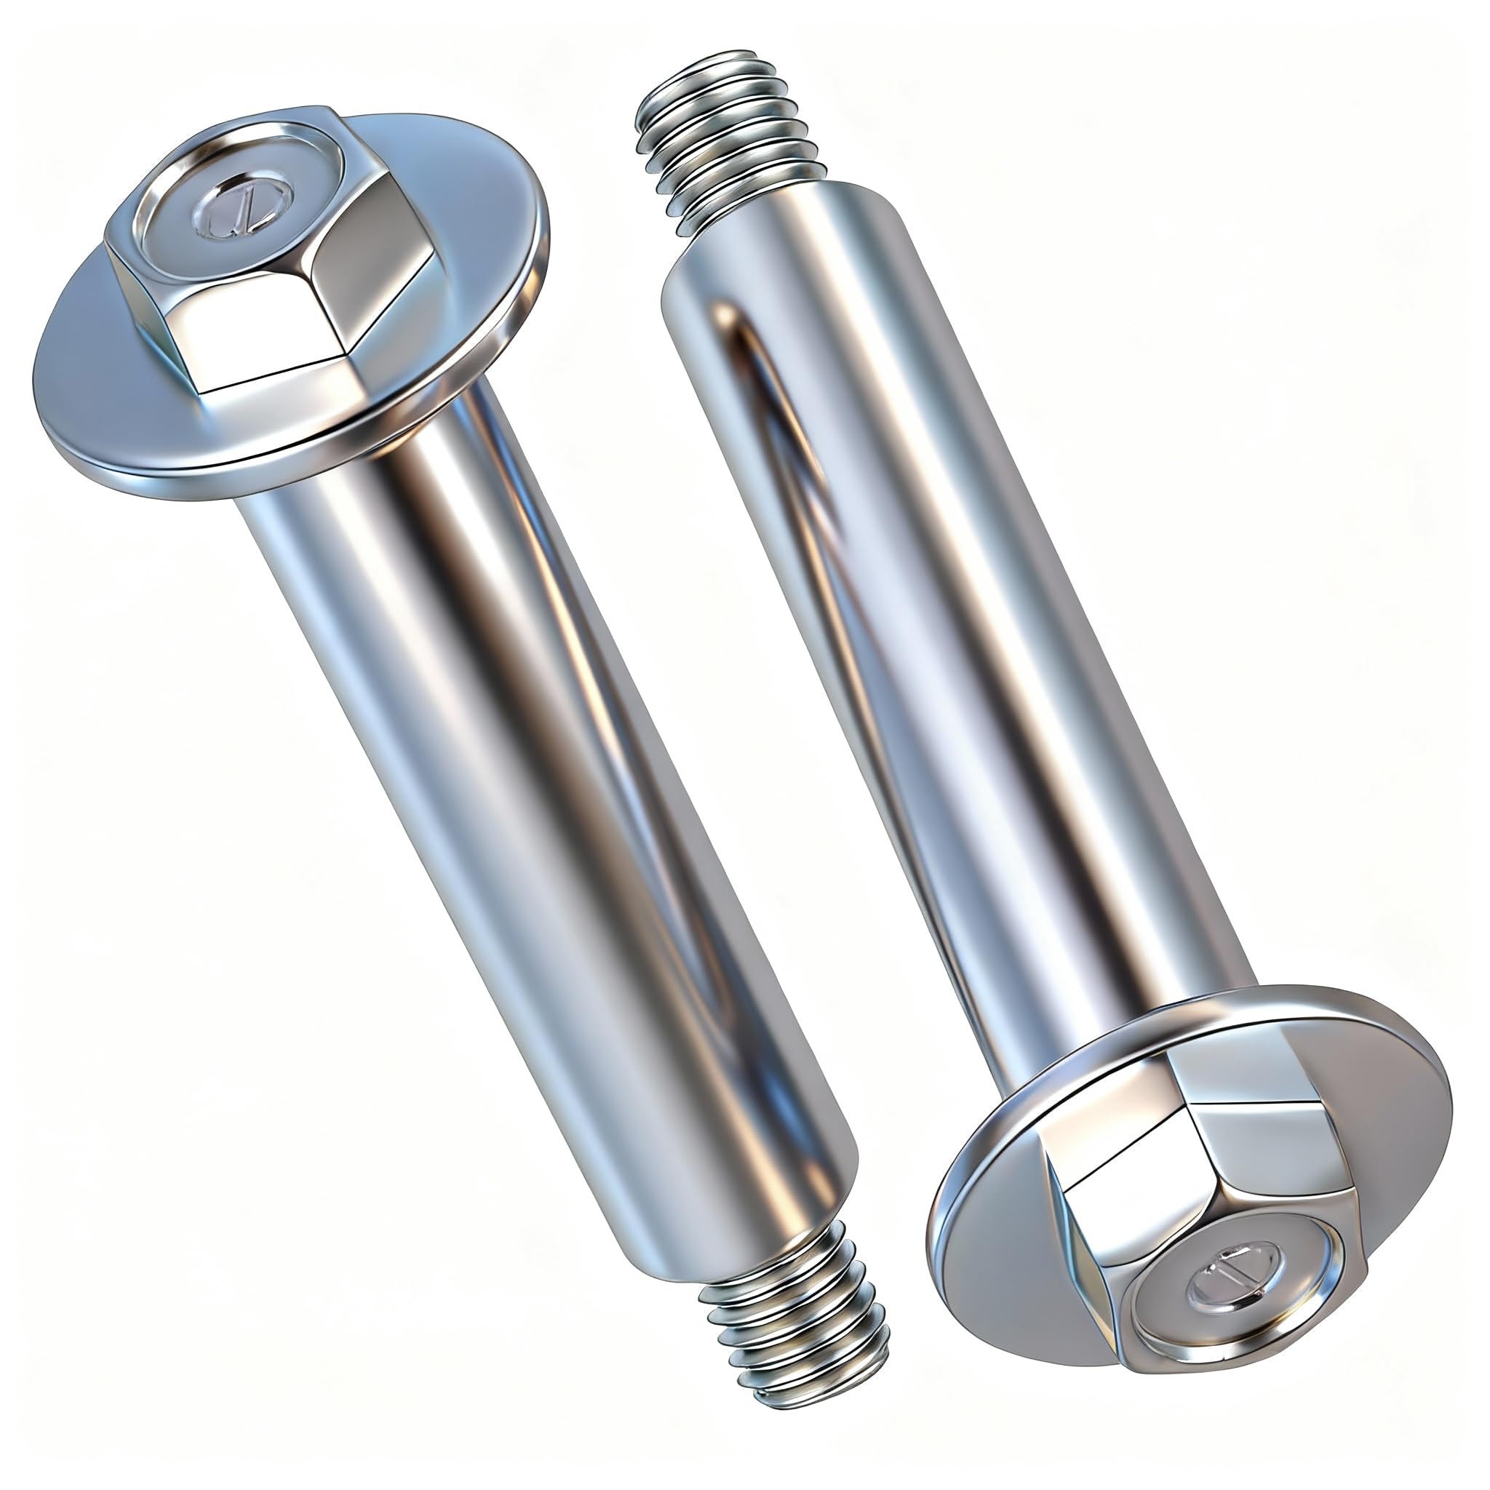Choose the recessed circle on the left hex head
(x=244, y=204)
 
